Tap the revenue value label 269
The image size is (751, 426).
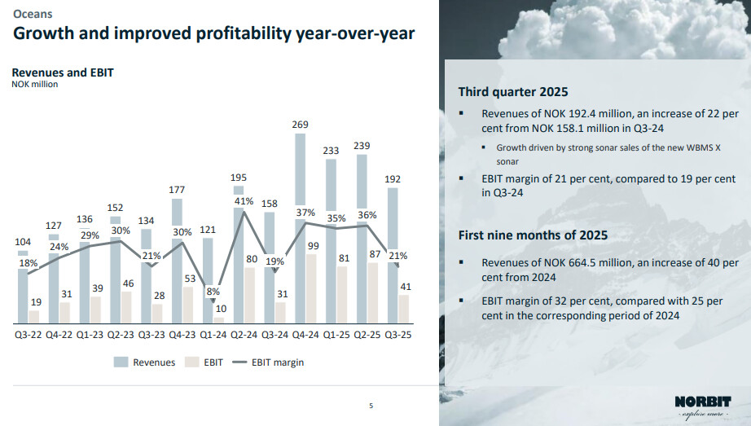coord(300,125)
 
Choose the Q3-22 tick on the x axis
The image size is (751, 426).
coord(29,335)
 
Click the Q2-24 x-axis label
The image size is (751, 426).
coord(244,335)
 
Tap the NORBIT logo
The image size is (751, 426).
coord(703,402)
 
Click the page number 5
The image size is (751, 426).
coord(371,405)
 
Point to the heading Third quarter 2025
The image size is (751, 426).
coord(512,91)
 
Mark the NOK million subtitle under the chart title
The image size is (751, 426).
coord(34,84)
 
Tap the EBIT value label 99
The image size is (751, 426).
coord(312,245)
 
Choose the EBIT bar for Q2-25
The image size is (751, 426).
coord(374,293)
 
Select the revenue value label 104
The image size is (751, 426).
coord(24,242)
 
